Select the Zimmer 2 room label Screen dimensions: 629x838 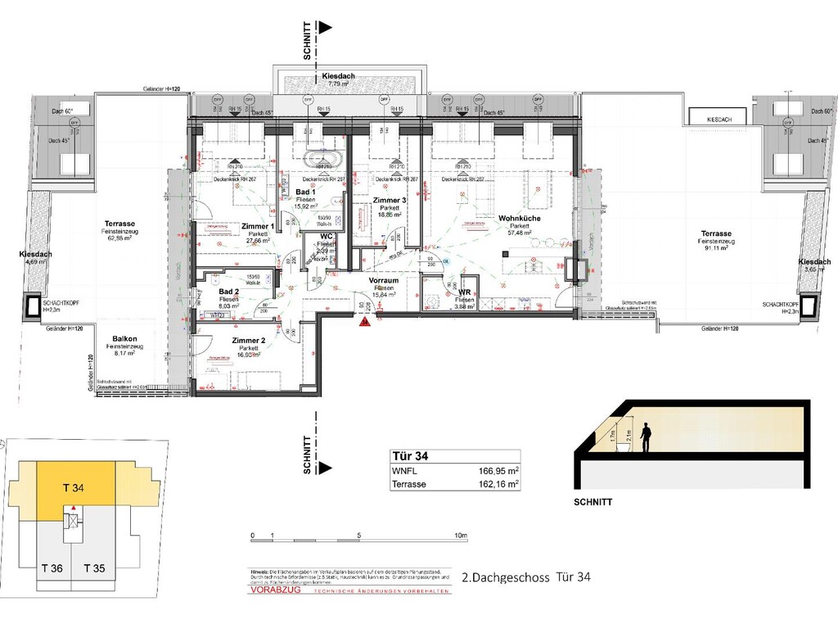click(249, 340)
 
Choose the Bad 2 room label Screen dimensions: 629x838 click(228, 292)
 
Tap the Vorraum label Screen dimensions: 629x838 click(384, 280)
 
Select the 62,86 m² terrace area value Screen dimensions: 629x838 click(119, 239)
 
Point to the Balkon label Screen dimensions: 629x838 click(124, 338)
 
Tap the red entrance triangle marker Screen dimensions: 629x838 click(363, 323)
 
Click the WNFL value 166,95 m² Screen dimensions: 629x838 click(499, 471)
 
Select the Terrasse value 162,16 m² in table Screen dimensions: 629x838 click(499, 484)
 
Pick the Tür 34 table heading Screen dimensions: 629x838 click(412, 456)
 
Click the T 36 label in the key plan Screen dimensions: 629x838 click(52, 568)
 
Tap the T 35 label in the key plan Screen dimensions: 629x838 click(94, 568)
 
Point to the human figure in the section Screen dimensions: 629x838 click(646, 437)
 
